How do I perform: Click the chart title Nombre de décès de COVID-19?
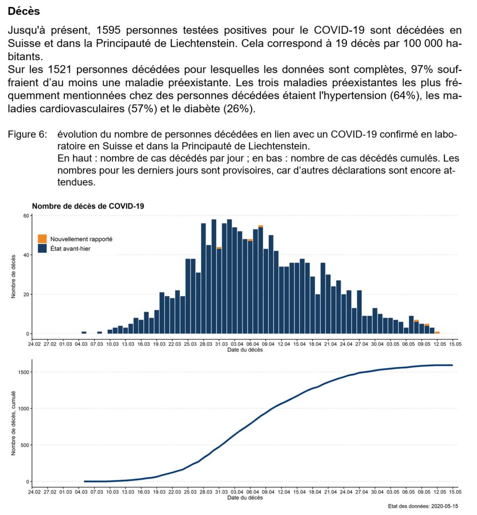pyautogui.click(x=88, y=206)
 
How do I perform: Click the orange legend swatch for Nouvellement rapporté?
pyautogui.click(x=42, y=239)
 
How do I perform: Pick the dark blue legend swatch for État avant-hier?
pyautogui.click(x=42, y=248)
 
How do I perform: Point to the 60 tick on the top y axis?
pyautogui.click(x=25, y=215)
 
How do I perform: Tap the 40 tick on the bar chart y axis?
pyautogui.click(x=25, y=255)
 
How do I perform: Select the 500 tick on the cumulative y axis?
pyautogui.click(x=24, y=445)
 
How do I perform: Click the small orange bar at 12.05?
pyautogui.click(x=437, y=333)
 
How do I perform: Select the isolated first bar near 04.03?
pyautogui.click(x=84, y=332)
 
